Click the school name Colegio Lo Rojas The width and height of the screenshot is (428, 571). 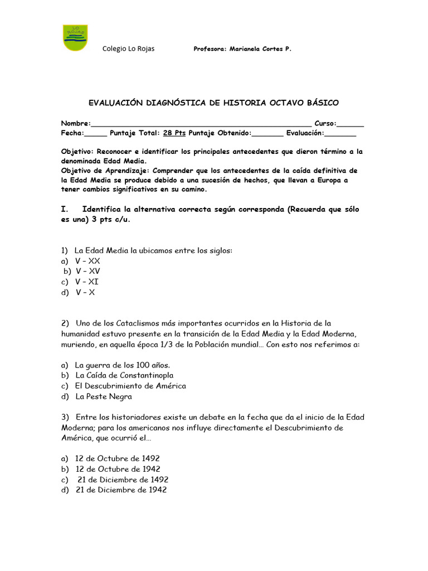point(129,49)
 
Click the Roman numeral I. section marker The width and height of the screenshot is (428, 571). point(64,209)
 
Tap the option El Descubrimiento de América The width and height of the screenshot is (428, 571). point(130,386)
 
